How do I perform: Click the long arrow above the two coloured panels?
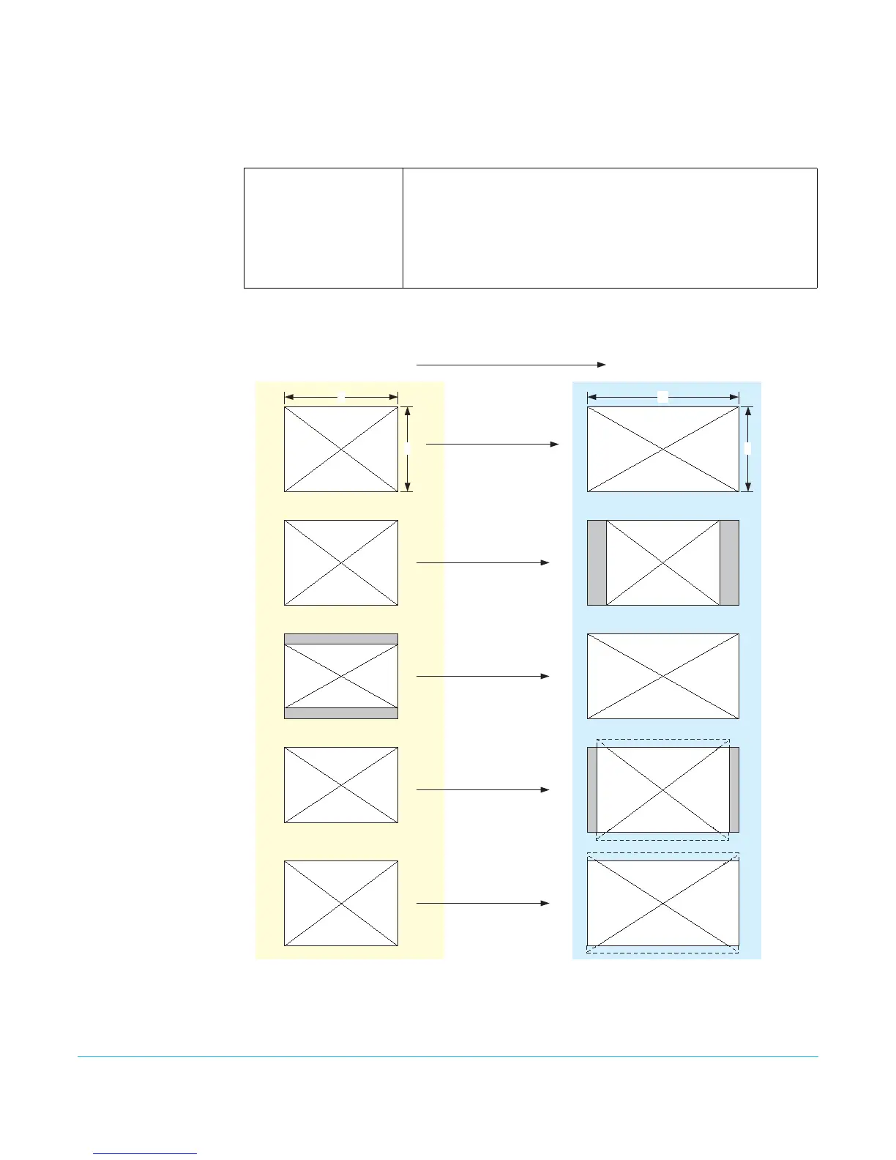tap(511, 364)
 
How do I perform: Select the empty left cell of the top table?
tap(324, 228)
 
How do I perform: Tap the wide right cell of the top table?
tap(610, 228)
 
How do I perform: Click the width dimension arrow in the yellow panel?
tap(341, 397)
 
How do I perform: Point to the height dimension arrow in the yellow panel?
tap(408, 449)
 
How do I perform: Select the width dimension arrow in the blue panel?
tap(663, 397)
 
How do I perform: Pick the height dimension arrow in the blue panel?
tap(747, 449)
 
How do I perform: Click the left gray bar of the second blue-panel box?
tap(597, 562)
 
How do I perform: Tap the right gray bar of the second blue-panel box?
tap(729, 562)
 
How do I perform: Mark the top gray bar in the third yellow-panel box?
tap(341, 639)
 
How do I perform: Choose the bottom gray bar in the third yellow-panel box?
tap(341, 713)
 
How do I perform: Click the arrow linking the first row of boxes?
tap(493, 444)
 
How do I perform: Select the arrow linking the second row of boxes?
tap(483, 562)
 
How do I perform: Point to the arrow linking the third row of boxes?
tap(483, 676)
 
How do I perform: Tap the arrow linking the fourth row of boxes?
tap(483, 789)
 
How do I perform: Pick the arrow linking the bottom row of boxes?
tap(483, 903)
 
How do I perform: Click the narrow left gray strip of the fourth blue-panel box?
tap(592, 789)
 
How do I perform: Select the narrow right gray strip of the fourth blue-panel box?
tap(734, 789)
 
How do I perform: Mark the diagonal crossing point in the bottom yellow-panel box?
tap(341, 903)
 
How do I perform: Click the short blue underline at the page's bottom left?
tap(145, 1153)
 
